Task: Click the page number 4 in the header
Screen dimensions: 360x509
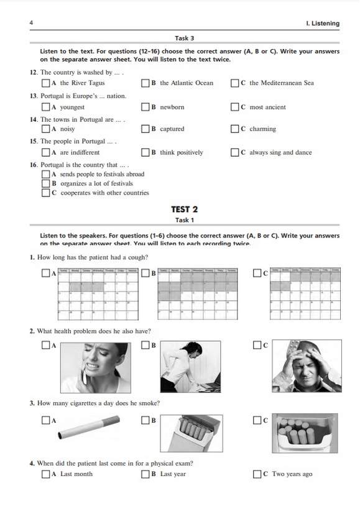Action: click(x=31, y=24)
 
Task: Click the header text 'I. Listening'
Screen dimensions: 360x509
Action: click(x=323, y=24)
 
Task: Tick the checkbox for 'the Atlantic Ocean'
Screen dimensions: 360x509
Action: click(x=145, y=83)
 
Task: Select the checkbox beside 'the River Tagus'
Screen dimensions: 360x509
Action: click(x=45, y=83)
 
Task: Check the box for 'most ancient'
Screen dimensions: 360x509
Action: click(x=234, y=107)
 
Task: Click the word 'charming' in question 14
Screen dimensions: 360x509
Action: click(x=262, y=129)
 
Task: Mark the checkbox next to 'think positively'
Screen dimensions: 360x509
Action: click(x=145, y=152)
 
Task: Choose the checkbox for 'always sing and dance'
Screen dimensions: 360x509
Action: click(x=234, y=152)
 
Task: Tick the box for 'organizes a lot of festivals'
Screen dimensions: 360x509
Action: click(x=45, y=183)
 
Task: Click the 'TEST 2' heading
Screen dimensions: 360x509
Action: click(x=184, y=209)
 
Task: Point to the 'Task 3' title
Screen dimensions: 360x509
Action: click(x=184, y=38)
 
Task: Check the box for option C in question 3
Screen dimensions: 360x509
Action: click(x=257, y=421)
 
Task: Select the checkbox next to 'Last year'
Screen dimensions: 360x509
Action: click(x=145, y=474)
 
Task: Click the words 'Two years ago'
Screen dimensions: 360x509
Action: click(x=292, y=474)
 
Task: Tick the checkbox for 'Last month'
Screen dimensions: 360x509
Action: click(x=45, y=474)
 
